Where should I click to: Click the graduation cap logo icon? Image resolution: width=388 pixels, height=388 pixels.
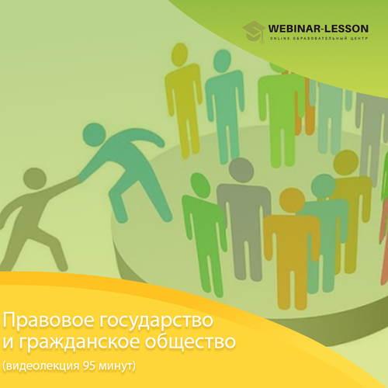254,32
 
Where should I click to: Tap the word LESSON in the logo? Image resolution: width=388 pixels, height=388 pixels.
347,29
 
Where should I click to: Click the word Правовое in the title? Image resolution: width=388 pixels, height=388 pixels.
48,320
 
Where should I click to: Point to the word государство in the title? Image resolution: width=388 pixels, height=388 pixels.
156,321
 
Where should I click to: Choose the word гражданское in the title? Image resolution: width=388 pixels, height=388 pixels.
79,342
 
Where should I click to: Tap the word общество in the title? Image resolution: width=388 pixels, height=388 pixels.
190,341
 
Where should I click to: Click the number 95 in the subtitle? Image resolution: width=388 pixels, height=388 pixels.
88,365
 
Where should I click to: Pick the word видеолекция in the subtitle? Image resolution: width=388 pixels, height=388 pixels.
43,366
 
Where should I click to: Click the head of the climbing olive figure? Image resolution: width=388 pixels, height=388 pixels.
35,178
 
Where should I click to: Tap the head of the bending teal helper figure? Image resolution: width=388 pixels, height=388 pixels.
94,135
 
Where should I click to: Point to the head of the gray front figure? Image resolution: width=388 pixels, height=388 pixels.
241,170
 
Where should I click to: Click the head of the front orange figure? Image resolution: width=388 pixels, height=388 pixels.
293,200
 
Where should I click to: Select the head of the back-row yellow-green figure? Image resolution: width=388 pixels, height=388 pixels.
180,53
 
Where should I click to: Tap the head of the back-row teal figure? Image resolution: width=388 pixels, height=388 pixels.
222,60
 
